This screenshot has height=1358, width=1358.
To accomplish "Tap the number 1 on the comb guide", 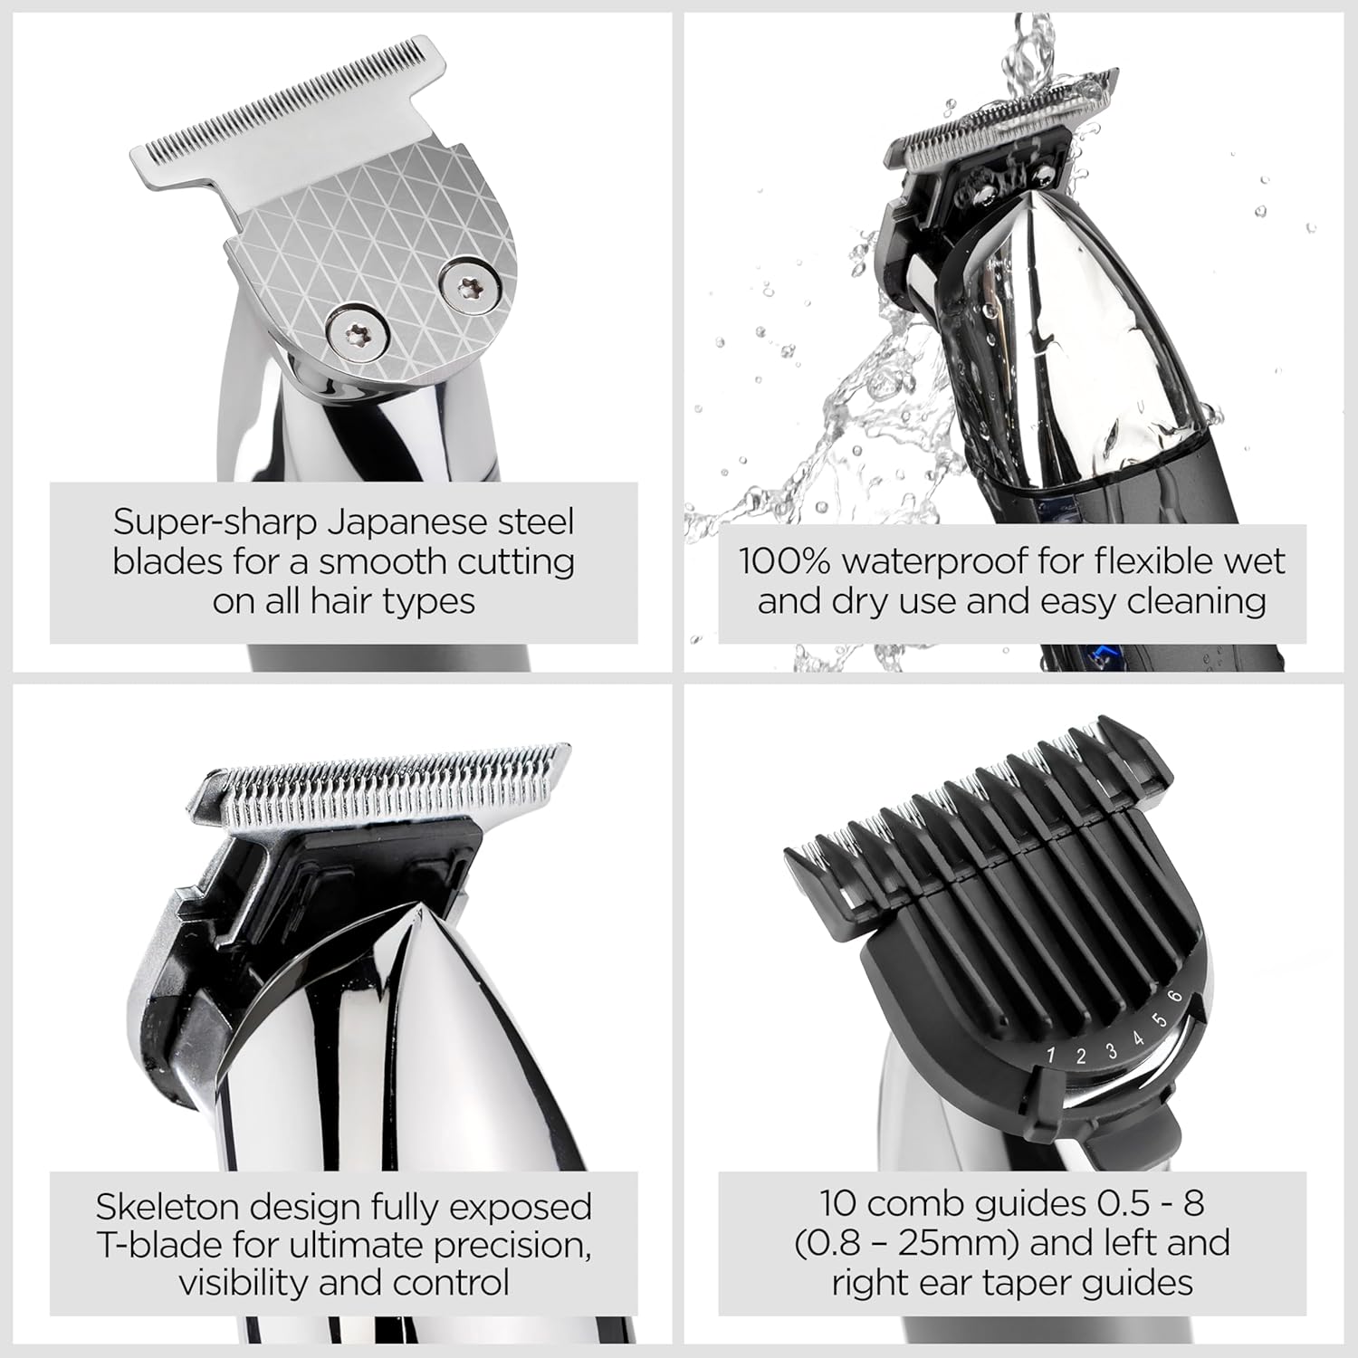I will [1051, 1056].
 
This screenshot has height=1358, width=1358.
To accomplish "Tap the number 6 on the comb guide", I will [1176, 997].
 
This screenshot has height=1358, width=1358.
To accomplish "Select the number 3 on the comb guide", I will [1111, 1050].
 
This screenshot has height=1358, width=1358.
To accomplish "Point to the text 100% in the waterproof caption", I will [784, 561].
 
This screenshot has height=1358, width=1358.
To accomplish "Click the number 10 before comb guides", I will [837, 1203].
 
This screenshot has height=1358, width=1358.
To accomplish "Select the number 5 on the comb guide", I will [1160, 1020].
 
